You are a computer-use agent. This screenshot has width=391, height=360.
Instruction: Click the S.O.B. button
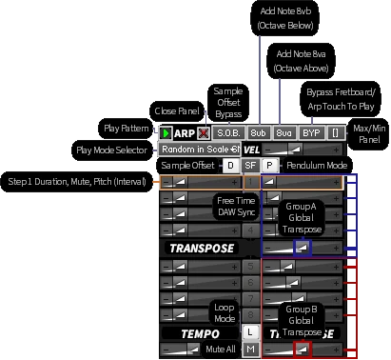pos(227,133)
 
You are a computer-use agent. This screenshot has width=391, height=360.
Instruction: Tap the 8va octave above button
pos(284,133)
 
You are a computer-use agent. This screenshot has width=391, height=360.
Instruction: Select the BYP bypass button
pos(311,133)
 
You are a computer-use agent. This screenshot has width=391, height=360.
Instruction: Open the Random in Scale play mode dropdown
pos(199,150)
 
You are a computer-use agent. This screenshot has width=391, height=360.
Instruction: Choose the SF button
pos(250,166)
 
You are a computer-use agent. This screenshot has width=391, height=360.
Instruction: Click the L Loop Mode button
pos(249,332)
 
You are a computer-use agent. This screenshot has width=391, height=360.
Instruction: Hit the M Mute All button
pos(249,350)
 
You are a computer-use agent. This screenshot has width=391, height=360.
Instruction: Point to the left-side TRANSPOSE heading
pos(201,248)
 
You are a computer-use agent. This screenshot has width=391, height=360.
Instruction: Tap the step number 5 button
pos(249,249)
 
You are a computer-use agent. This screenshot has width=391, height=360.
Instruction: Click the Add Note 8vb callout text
pos(280,18)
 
